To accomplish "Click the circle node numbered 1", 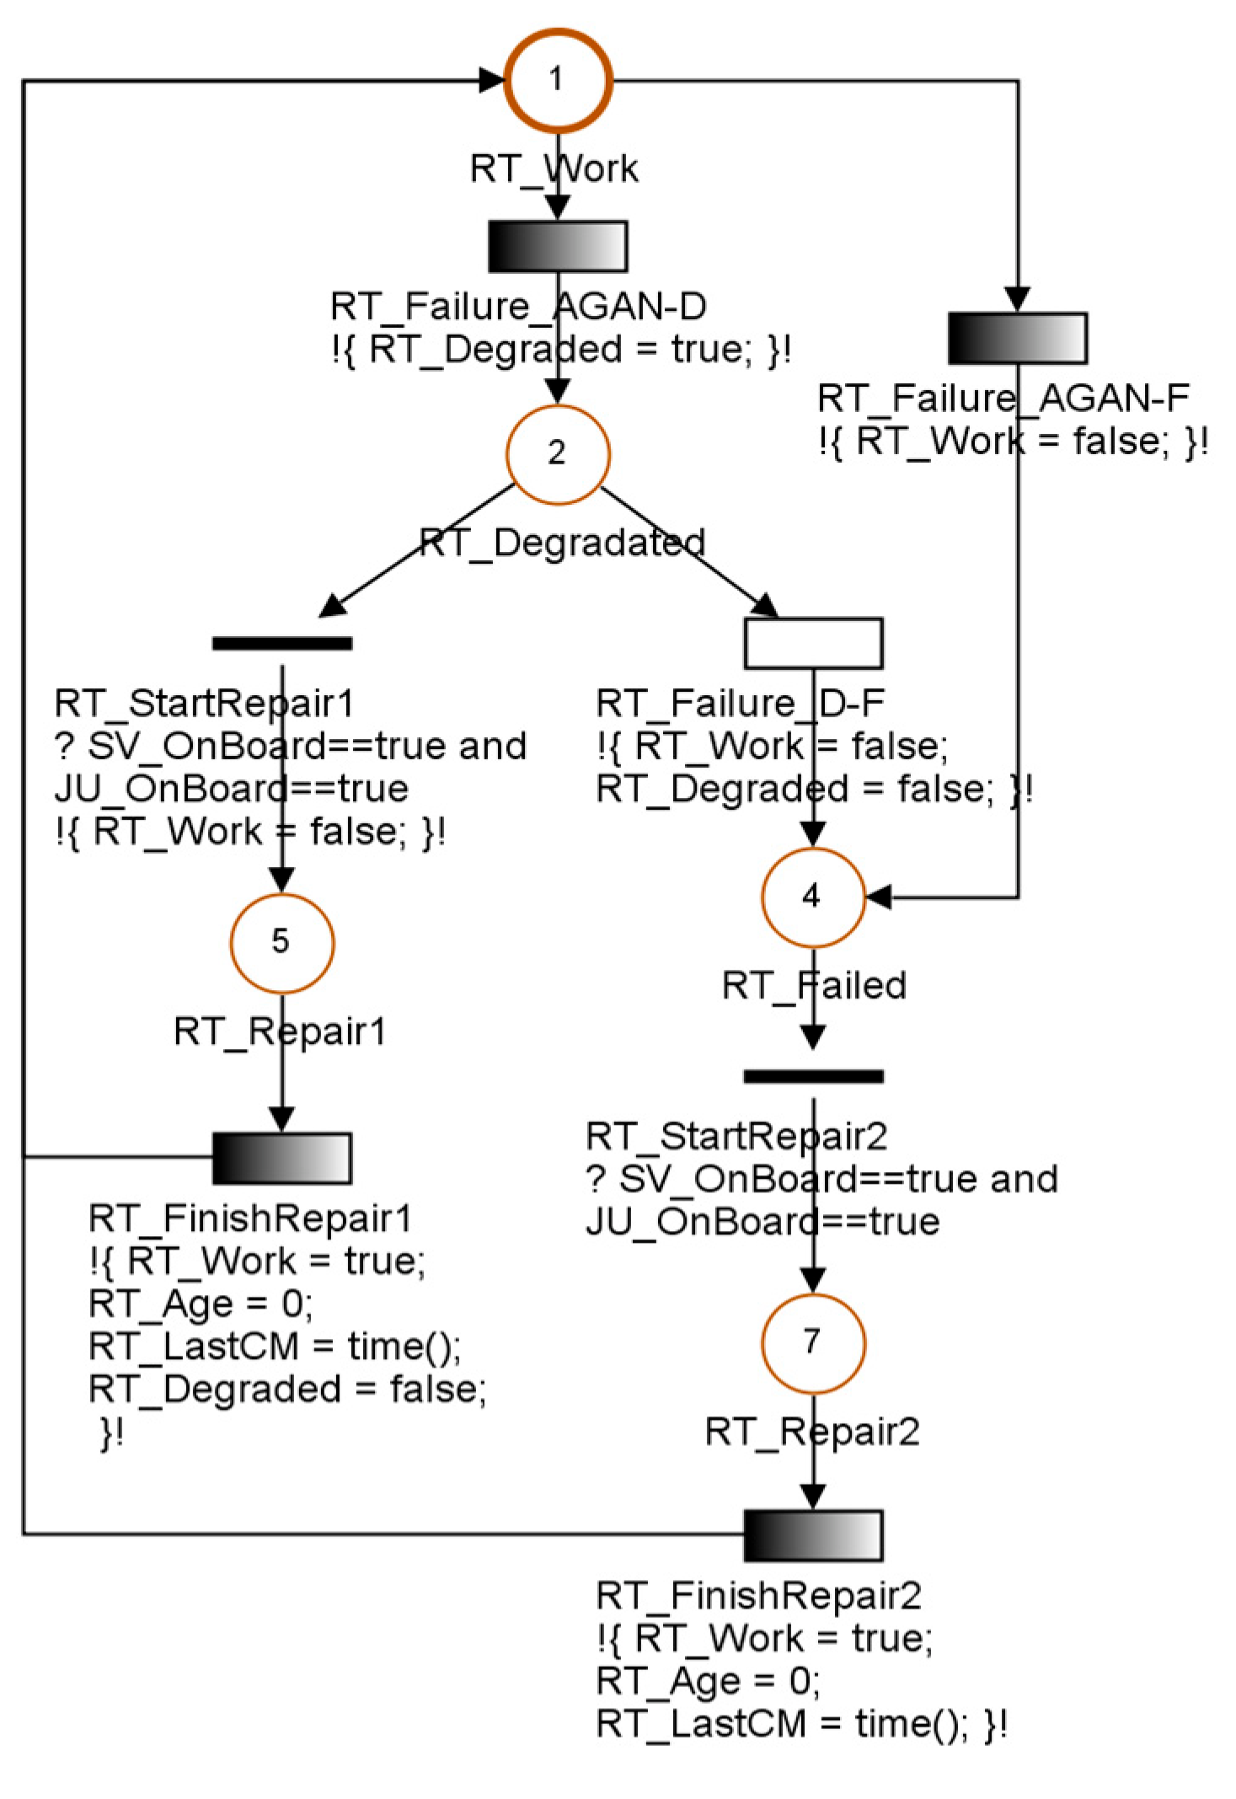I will [558, 81].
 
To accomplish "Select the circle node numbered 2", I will [557, 454].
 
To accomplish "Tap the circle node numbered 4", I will [812, 897].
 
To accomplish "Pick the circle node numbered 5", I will [281, 942].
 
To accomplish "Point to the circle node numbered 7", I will [812, 1342].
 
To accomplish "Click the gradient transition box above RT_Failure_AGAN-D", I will [558, 247].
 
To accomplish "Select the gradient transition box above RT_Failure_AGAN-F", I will [1017, 339].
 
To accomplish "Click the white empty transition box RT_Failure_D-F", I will [813, 643].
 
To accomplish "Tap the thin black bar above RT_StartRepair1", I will [281, 644].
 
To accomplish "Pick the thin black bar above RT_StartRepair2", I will [813, 1076].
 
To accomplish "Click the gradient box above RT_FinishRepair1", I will [281, 1158].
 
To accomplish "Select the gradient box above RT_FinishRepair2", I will [813, 1535].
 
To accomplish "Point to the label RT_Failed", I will [814, 986].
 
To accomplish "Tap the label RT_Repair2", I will [812, 1432].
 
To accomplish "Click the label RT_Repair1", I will [280, 1031].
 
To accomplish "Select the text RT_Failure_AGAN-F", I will [1003, 399].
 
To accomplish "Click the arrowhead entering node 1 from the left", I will [491, 81].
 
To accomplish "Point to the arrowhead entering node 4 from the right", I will [879, 897].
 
